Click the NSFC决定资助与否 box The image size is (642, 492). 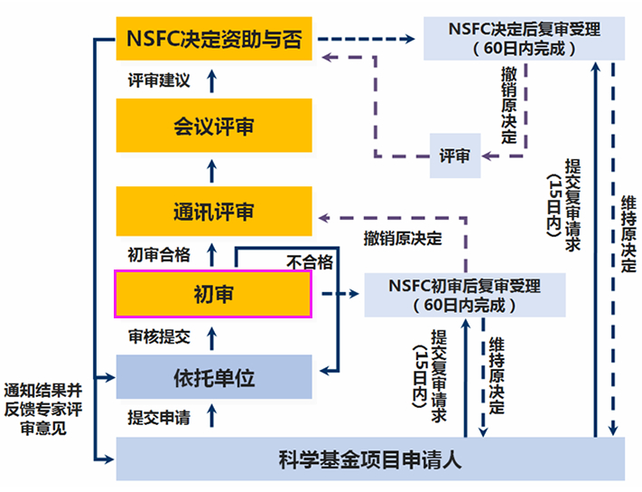tap(213, 40)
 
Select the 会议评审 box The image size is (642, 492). tap(213, 126)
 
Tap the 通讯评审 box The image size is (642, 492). tap(213, 211)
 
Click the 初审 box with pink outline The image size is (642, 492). tap(213, 293)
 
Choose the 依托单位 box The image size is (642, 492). tap(213, 376)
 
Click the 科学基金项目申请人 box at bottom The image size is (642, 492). tap(370, 459)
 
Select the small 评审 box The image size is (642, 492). tap(454, 155)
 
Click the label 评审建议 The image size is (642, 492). tap(158, 80)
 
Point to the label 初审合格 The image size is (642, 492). tap(159, 254)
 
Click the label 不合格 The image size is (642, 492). tap(310, 261)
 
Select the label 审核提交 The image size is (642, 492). tap(159, 336)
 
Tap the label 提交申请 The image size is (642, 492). tap(159, 417)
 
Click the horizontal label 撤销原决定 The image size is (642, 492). tap(403, 239)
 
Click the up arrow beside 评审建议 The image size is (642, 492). tap(213, 80)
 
